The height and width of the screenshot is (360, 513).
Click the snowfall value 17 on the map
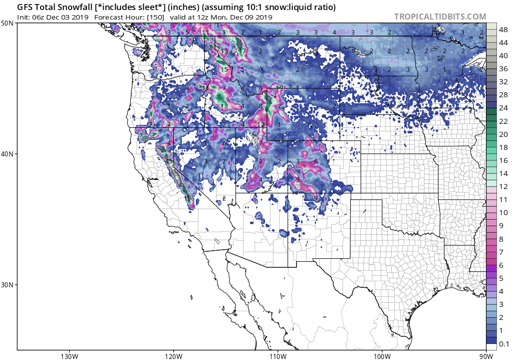tap(242, 51)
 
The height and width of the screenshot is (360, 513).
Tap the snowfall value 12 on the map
tap(260, 124)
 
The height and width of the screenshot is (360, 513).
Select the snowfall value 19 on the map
tap(280, 88)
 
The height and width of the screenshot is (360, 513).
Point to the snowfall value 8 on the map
tap(260, 106)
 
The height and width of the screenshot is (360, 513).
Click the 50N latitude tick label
tap(7, 23)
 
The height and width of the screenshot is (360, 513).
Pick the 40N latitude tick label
tap(7, 154)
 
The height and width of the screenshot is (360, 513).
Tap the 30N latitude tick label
tap(7, 284)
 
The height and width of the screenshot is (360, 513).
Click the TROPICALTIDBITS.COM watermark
tap(440, 17)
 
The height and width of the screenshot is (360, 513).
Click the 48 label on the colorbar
tap(502, 30)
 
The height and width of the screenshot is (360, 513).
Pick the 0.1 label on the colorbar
tap(502, 343)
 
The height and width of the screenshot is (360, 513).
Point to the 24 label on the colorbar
tap(502, 108)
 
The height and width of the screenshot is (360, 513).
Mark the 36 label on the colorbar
tap(502, 69)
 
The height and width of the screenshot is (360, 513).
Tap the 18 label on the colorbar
tap(502, 147)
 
